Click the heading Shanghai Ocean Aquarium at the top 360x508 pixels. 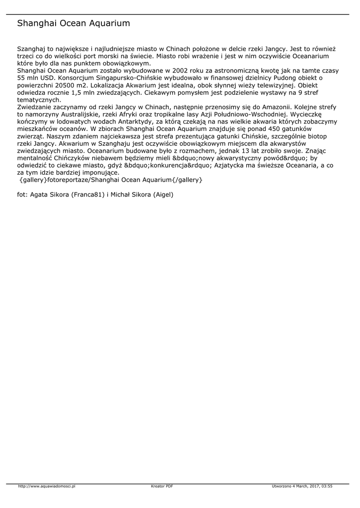click(73, 23)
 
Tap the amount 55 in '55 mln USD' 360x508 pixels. click(21, 78)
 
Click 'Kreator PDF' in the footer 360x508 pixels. click(162, 486)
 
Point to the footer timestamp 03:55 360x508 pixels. click(326, 486)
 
